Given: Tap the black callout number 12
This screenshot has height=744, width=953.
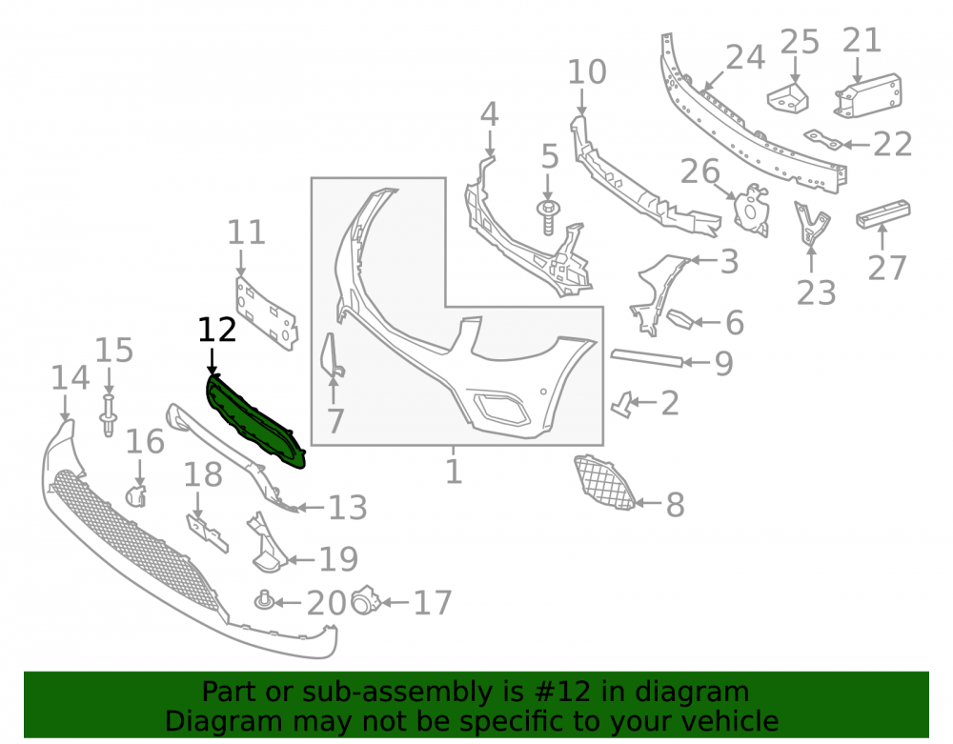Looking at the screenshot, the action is click(217, 330).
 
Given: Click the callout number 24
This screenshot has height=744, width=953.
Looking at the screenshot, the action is click(745, 58).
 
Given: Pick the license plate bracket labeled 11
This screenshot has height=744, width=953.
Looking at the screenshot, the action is click(267, 312).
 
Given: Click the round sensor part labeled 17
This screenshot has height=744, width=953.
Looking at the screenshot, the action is click(365, 601).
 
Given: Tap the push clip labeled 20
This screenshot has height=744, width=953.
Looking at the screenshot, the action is click(263, 600).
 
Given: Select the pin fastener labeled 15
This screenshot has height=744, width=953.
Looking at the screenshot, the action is click(108, 415).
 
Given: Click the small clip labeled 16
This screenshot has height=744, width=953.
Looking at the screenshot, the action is click(136, 495).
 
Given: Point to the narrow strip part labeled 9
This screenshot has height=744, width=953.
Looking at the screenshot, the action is click(646, 358).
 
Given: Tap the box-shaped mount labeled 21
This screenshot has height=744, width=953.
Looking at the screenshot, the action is click(868, 95).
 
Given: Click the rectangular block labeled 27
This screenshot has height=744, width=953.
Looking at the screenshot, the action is click(883, 213).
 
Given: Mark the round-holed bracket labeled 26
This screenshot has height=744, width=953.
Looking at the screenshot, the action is click(751, 210).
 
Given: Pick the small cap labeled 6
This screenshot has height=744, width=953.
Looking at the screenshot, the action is click(680, 319).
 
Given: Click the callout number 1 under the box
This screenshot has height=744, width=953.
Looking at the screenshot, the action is click(454, 472).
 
